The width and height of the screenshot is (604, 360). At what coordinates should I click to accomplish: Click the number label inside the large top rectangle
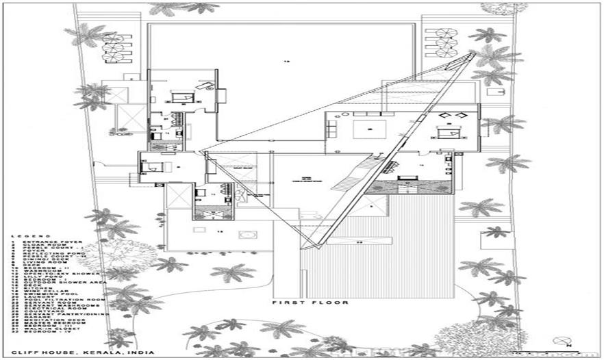(x=287, y=62)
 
